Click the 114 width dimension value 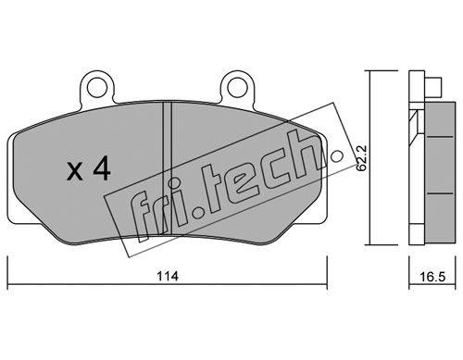[x=168, y=276]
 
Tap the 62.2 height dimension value [x=361, y=158]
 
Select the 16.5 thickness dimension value [x=432, y=277]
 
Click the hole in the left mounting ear [x=96, y=88]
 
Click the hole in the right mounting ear [x=238, y=88]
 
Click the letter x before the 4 [x=75, y=171]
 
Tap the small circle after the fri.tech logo [x=337, y=155]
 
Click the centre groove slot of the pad [x=167, y=168]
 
